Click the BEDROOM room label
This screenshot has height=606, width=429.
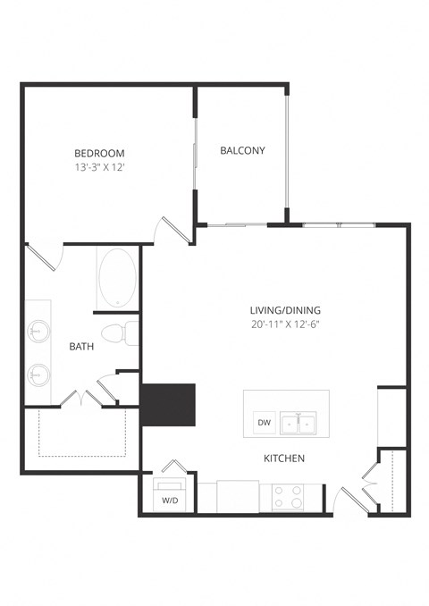[x=100, y=153]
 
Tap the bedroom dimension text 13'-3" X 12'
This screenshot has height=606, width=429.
[x=100, y=167]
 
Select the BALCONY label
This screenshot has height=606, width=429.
[x=242, y=150]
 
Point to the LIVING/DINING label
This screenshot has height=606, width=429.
[x=284, y=310]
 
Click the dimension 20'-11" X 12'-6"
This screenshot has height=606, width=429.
[x=284, y=324]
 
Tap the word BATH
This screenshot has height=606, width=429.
[x=82, y=346]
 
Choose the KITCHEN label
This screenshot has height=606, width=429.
[x=284, y=458]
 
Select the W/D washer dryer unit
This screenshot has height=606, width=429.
[x=170, y=497]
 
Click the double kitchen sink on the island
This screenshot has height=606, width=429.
[x=298, y=422]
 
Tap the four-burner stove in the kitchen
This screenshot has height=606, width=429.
[x=290, y=497]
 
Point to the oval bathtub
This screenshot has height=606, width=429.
[x=117, y=278]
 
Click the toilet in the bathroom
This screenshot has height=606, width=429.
[x=118, y=334]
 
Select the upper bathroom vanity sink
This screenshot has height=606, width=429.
[x=38, y=331]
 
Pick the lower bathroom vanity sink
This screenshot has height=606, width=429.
[x=38, y=374]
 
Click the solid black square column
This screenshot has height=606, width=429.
[x=169, y=405]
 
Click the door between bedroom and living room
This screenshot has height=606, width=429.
[x=172, y=231]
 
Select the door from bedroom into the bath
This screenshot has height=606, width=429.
[x=43, y=257]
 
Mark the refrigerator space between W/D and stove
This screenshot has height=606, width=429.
[x=238, y=496]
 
